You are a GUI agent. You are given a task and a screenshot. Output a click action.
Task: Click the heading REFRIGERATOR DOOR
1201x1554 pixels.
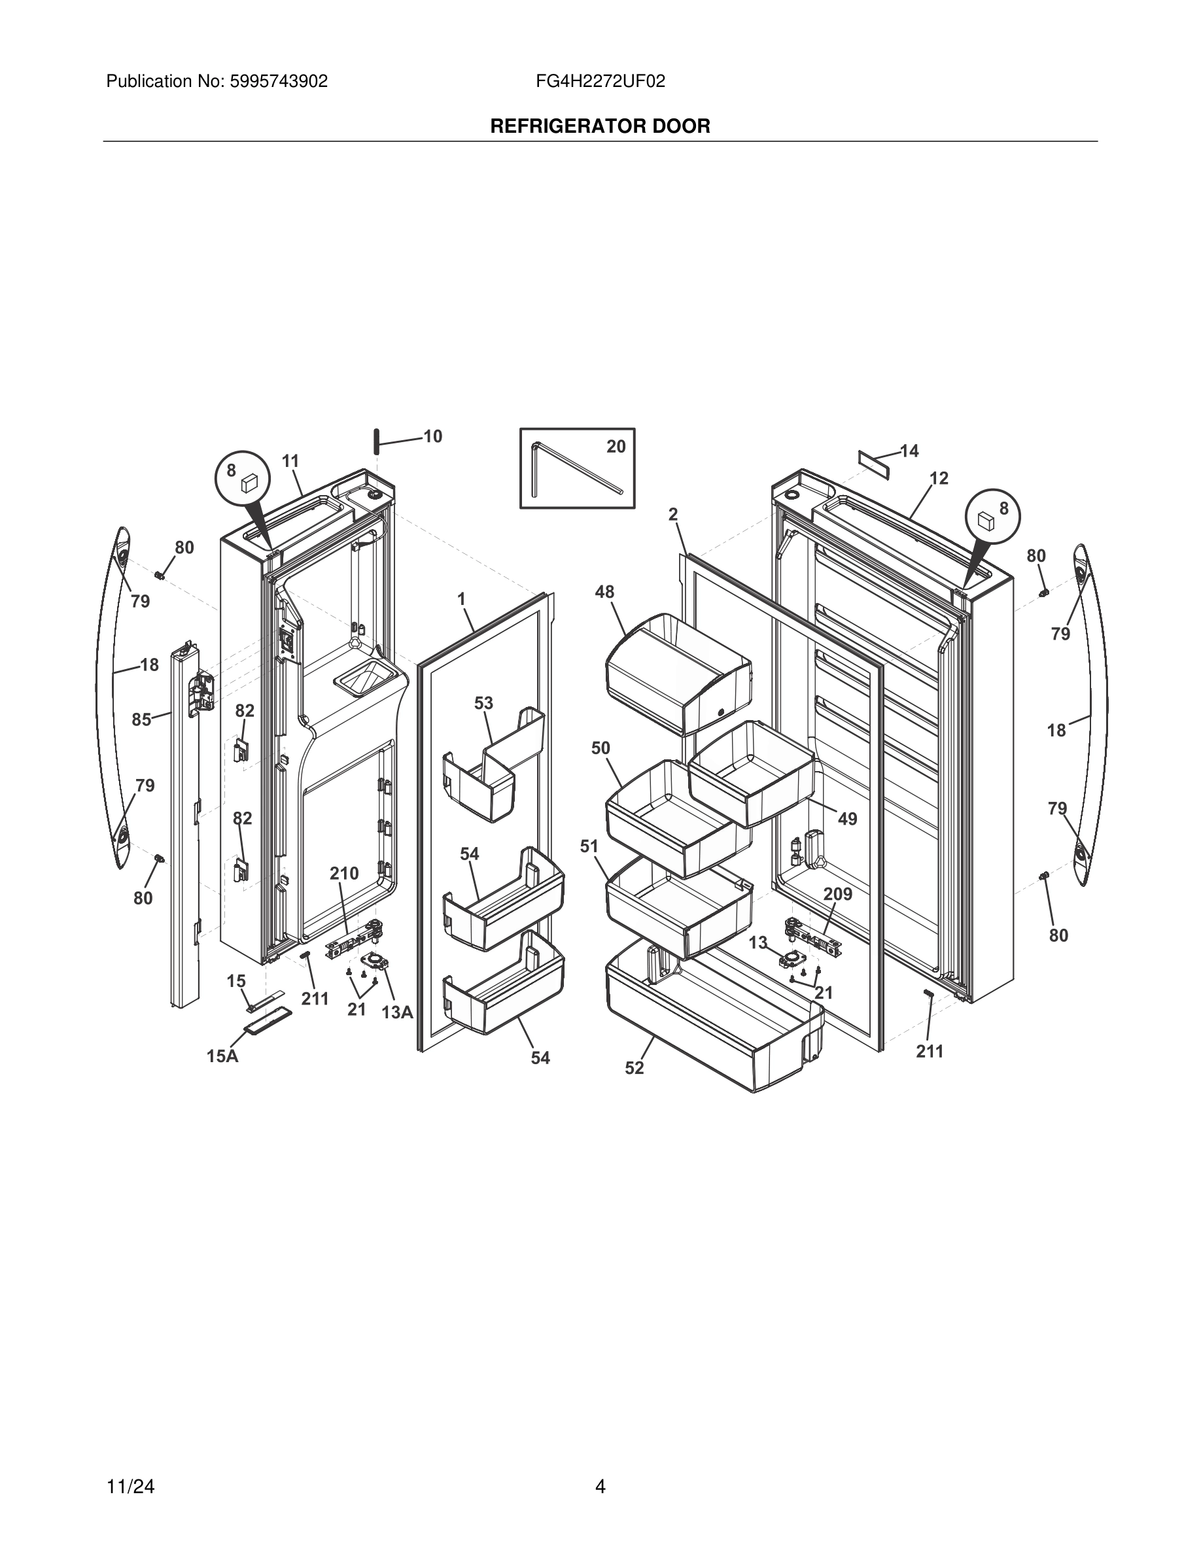pyautogui.click(x=600, y=127)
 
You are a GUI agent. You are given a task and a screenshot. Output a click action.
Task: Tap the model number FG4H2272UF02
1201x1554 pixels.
pyautogui.click(x=600, y=82)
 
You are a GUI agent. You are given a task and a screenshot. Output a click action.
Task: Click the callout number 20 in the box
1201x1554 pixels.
pyautogui.click(x=616, y=446)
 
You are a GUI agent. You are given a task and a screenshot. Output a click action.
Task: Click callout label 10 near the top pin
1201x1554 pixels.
pyautogui.click(x=432, y=436)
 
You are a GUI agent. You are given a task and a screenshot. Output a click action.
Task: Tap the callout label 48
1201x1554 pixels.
pyautogui.click(x=605, y=592)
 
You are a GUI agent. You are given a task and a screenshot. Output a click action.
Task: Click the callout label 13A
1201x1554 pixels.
pyautogui.click(x=397, y=1012)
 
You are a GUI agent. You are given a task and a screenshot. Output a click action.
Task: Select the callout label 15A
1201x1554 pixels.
pyautogui.click(x=222, y=1057)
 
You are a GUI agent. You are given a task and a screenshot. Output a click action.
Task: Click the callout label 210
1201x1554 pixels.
pyautogui.click(x=343, y=873)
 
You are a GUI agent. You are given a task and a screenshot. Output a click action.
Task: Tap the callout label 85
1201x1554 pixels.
pyautogui.click(x=141, y=719)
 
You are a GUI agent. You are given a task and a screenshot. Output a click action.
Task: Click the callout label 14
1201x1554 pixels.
pyautogui.click(x=909, y=451)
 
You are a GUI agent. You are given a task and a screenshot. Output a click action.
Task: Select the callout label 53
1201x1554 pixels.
pyautogui.click(x=483, y=703)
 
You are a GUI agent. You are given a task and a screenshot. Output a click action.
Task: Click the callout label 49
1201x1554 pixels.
pyautogui.click(x=846, y=819)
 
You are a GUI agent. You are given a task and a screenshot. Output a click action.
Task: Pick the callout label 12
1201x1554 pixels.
pyautogui.click(x=939, y=478)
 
